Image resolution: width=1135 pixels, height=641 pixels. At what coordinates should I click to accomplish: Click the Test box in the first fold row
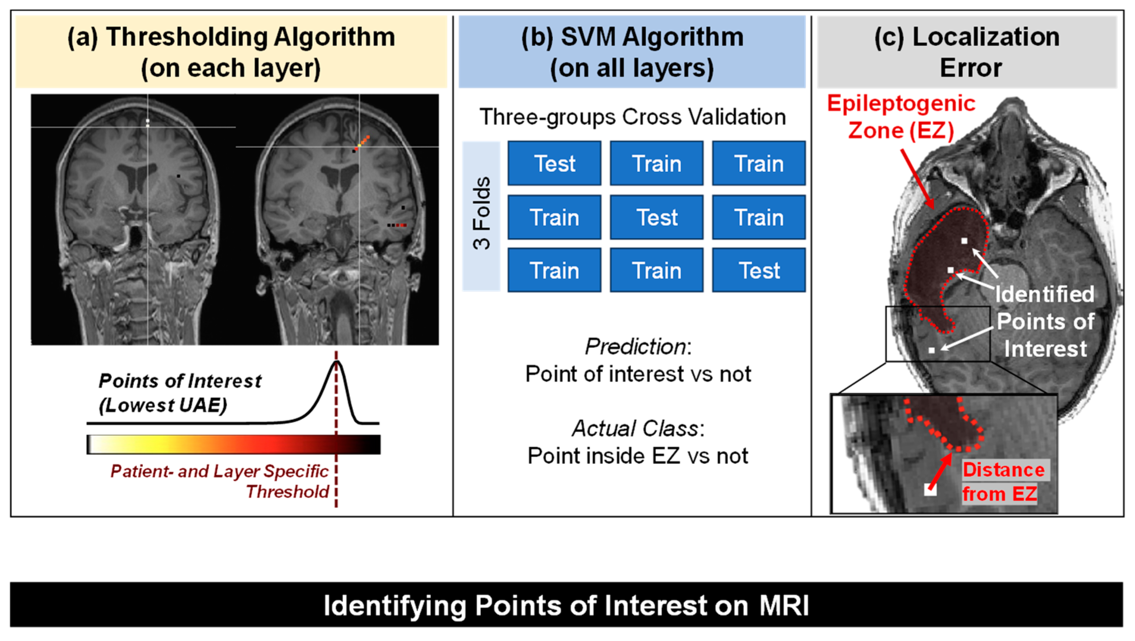coord(554,163)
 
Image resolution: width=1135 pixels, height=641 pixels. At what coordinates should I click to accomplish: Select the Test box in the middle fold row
coord(657,217)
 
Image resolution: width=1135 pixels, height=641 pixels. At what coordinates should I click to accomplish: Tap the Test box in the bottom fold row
coord(759,270)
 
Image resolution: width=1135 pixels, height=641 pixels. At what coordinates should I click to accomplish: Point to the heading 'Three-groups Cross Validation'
coord(632,117)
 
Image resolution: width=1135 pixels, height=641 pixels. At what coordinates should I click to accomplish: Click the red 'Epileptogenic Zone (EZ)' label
coord(900,117)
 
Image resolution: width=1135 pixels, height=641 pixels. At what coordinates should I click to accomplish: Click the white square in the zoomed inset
coord(930,490)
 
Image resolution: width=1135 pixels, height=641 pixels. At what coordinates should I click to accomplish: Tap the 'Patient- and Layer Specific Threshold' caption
coord(220,481)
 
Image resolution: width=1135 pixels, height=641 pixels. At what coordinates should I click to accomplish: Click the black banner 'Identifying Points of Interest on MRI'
coord(567,605)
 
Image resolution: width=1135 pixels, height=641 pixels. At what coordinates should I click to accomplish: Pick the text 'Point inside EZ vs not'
coord(638,455)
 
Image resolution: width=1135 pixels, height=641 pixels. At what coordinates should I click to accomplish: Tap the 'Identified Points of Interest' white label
coord(1045,321)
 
